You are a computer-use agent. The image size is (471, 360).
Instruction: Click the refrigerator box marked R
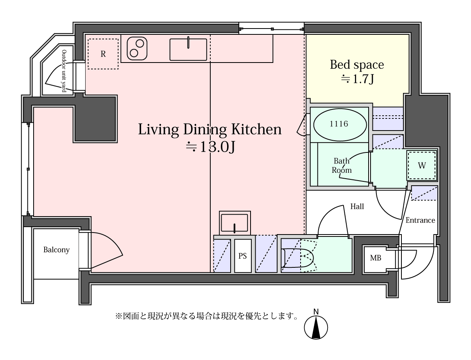point(103,54)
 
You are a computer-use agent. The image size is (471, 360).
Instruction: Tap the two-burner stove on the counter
point(137,48)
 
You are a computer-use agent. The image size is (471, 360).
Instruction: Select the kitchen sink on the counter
point(188,50)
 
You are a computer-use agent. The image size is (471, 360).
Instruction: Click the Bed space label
point(356,65)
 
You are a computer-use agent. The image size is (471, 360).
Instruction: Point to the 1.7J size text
point(358,79)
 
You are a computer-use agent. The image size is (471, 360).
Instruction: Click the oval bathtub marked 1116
point(340,125)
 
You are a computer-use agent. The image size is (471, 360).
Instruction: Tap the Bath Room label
point(342,165)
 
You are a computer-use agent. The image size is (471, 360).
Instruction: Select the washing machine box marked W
point(422,165)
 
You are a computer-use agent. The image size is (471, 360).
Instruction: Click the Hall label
point(357,206)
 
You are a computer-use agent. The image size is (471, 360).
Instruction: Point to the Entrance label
point(420,220)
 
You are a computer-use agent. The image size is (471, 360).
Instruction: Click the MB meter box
point(375,258)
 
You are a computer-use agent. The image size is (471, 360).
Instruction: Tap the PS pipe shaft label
point(242,256)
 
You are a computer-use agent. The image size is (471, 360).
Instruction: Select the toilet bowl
point(298,258)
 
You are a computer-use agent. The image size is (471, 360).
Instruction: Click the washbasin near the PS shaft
point(235,223)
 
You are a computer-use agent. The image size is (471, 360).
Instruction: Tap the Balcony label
point(56,250)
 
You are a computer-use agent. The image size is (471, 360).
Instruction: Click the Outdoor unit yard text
point(64,71)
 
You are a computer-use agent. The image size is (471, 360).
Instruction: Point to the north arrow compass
point(316,325)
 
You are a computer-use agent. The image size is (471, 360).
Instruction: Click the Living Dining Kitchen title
point(210,129)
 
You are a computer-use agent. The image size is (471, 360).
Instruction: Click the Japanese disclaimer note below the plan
point(206,316)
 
